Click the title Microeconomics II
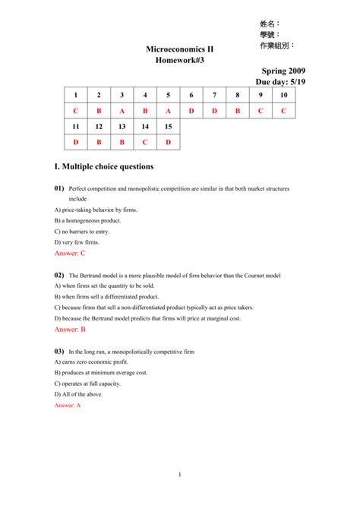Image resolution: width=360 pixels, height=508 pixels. [180, 49]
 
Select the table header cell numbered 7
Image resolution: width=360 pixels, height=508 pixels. [214, 95]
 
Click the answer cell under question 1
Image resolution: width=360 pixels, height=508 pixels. [76, 111]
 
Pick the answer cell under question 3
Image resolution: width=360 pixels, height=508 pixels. [122, 111]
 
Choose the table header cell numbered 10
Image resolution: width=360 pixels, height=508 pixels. [283, 95]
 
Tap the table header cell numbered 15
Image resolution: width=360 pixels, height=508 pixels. [168, 126]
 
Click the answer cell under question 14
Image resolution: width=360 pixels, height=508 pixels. [145, 142]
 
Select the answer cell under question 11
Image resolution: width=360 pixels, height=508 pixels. [76, 142]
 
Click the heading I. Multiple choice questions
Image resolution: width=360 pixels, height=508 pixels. [103, 166]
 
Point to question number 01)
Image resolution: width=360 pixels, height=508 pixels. [58, 188]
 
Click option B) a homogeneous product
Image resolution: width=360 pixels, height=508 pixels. [87, 220]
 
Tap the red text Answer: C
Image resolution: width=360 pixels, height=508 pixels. [70, 253]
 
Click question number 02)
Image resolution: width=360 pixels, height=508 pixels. [58, 275]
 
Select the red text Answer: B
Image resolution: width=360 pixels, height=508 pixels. [70, 330]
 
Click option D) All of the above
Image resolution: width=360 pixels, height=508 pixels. [78, 394]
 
